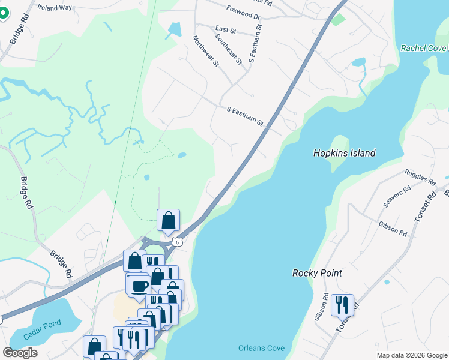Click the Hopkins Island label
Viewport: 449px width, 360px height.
344,153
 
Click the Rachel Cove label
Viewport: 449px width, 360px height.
424,48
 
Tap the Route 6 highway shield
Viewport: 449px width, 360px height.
177,241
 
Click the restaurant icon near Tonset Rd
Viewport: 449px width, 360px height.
342,305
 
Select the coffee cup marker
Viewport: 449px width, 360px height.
139,286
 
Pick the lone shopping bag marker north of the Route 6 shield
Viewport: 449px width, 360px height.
169,220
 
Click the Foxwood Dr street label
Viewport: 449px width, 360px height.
243,12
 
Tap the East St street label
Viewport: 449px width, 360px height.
225,29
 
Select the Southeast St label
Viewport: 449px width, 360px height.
229,49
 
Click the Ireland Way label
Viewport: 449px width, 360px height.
54,8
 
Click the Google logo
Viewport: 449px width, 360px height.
20,353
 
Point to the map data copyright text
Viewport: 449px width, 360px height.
411,355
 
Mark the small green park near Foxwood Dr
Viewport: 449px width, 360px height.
339,19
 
